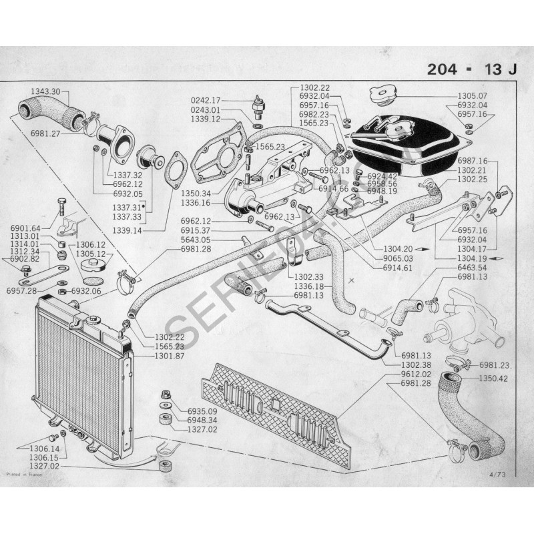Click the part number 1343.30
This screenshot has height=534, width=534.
(45, 91)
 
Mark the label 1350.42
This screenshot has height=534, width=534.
(494, 379)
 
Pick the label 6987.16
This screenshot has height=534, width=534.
(473, 161)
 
